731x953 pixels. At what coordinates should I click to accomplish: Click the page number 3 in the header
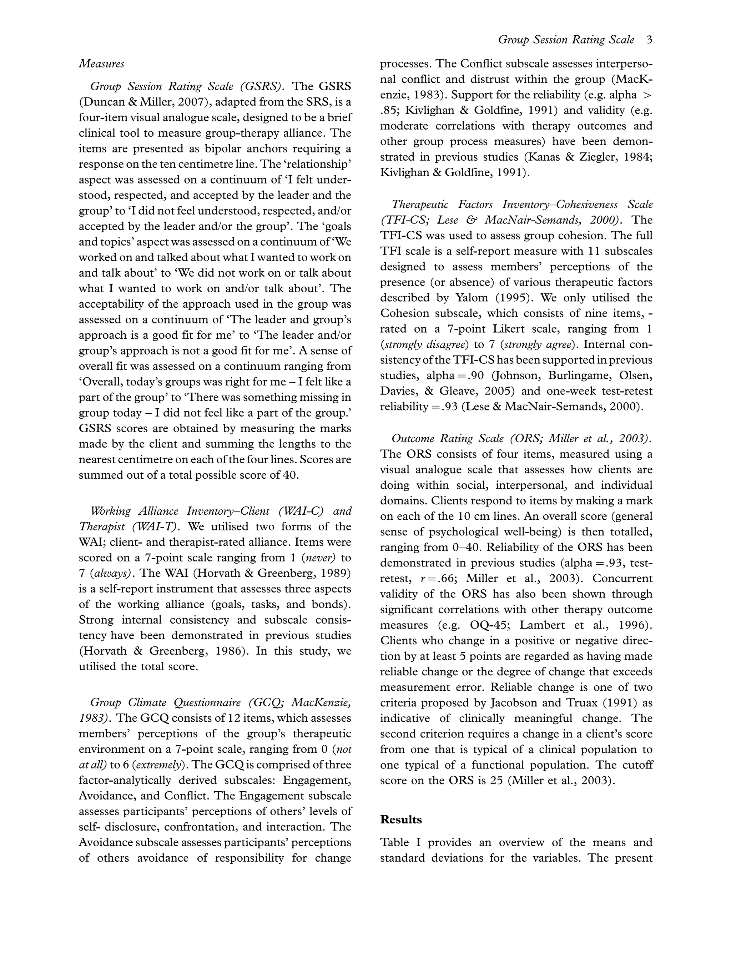coord(649,40)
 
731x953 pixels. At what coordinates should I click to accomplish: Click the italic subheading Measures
coord(101,64)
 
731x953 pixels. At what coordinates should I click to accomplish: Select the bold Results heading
coord(401,820)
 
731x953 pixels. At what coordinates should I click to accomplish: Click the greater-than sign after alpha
coord(647,95)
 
